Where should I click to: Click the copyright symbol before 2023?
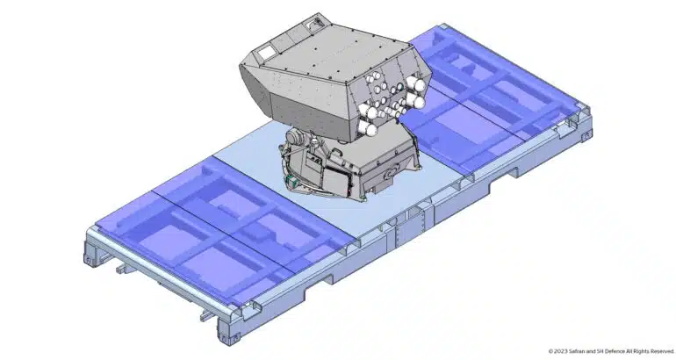[x=550, y=351]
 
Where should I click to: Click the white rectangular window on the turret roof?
[x=265, y=53]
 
